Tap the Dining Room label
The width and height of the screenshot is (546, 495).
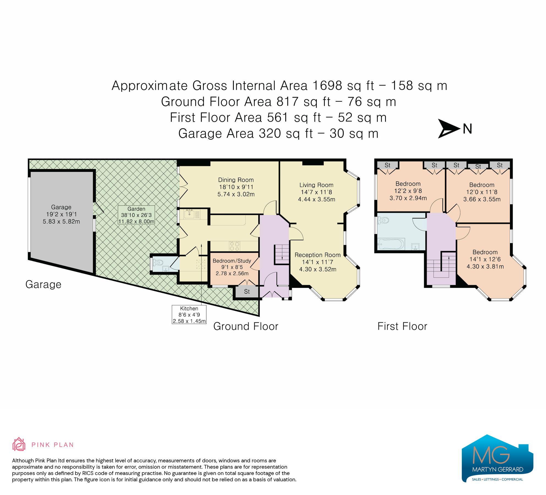click(236, 180)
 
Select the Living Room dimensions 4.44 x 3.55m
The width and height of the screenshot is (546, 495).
click(316, 199)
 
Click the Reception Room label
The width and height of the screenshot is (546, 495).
click(317, 255)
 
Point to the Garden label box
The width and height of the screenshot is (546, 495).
click(136, 215)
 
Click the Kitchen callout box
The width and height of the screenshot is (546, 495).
click(189, 315)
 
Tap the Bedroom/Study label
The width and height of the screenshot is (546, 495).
click(232, 261)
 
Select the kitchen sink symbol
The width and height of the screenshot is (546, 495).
click(190, 214)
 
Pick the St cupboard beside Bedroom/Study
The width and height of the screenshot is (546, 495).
click(247, 291)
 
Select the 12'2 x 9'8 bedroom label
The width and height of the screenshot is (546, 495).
click(408, 191)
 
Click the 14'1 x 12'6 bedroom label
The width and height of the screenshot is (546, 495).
click(485, 259)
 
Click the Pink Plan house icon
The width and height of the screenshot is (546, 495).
click(19, 444)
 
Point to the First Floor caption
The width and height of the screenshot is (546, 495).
click(402, 326)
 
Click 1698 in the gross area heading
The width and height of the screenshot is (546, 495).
click(327, 86)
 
